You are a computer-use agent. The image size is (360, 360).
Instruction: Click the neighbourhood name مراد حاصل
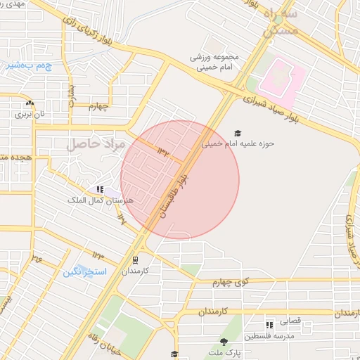click(96, 145)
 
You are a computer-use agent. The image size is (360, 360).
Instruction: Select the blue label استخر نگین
click(84, 271)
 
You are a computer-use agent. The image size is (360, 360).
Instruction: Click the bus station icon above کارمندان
click(134, 259)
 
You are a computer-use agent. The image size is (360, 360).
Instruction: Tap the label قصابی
click(290, 321)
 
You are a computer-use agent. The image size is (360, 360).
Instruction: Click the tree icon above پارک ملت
click(224, 341)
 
